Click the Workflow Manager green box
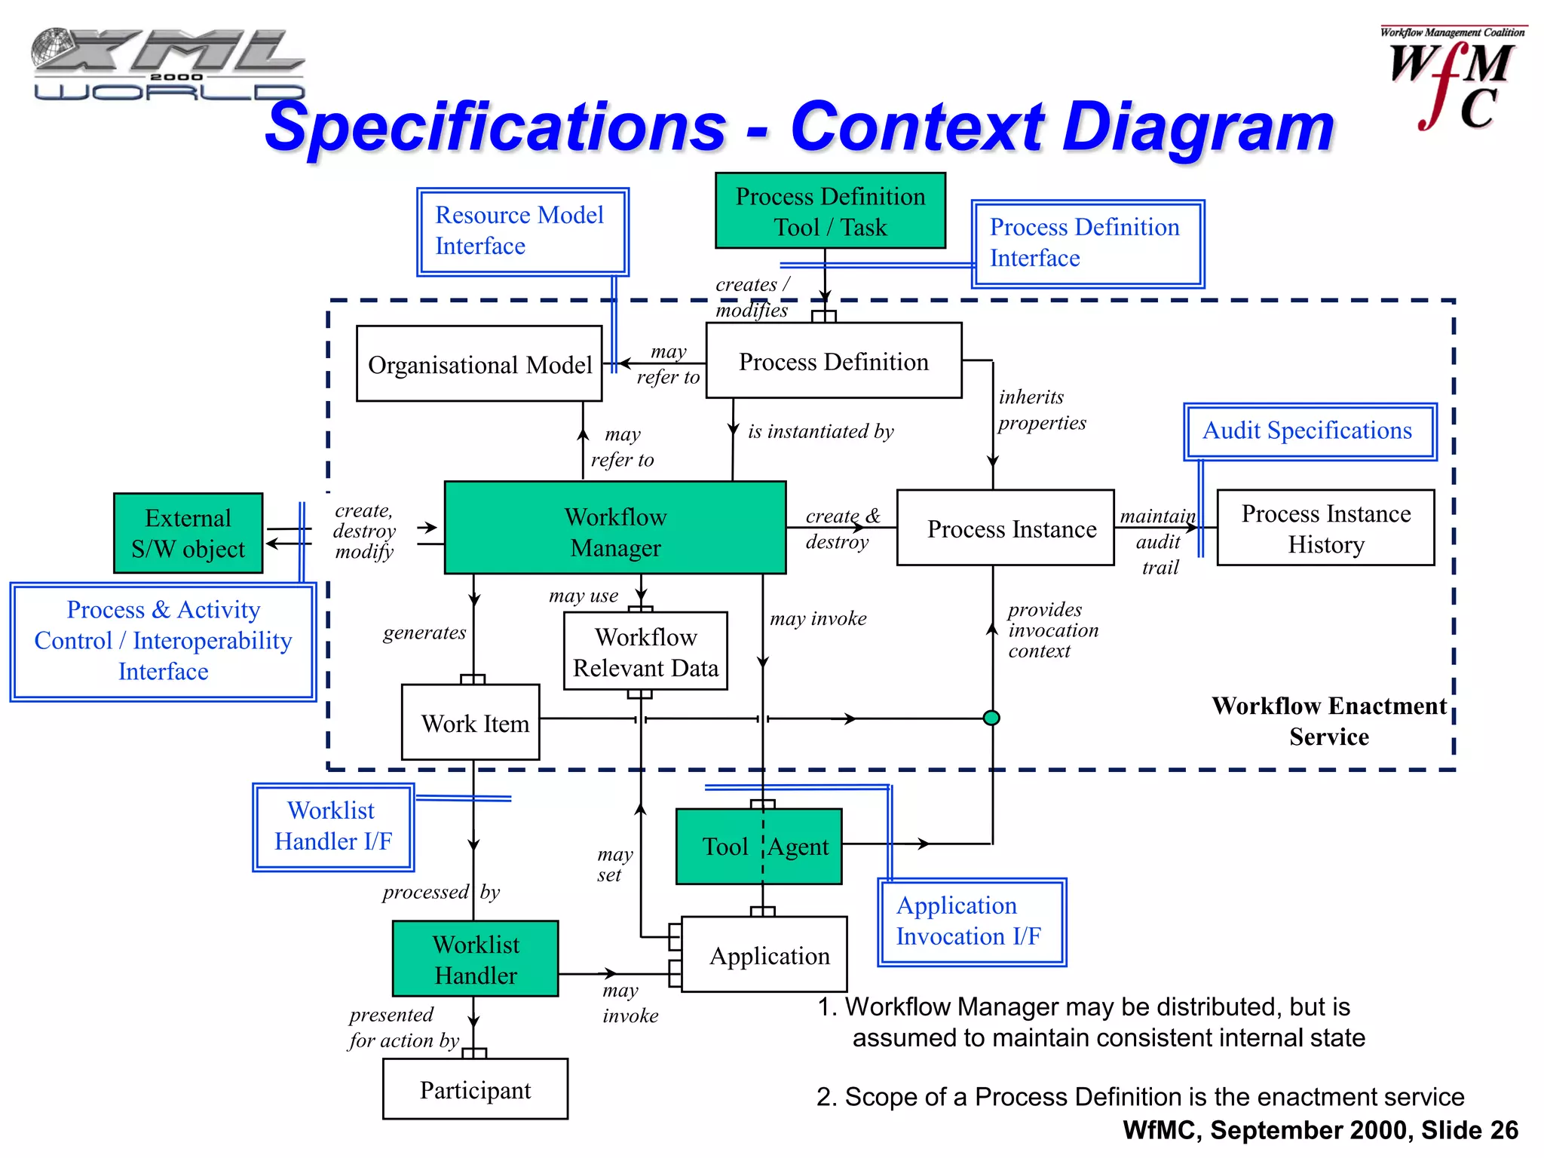[615, 528]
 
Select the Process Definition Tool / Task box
[830, 210]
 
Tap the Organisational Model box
[479, 363]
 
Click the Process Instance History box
[1325, 528]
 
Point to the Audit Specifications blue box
[1310, 431]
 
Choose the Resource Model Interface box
[522, 231]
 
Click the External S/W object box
[188, 533]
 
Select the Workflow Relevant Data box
[645, 651]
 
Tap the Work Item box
[471, 722]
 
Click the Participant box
[475, 1089]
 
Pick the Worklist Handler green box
[476, 959]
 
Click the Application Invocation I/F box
[971, 921]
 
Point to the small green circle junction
[992, 718]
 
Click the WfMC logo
[1452, 79]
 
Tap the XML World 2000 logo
[167, 64]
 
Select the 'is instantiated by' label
[820, 431]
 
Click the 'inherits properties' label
[1042, 409]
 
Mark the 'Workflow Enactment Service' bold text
[1328, 721]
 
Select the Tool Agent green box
[759, 846]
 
